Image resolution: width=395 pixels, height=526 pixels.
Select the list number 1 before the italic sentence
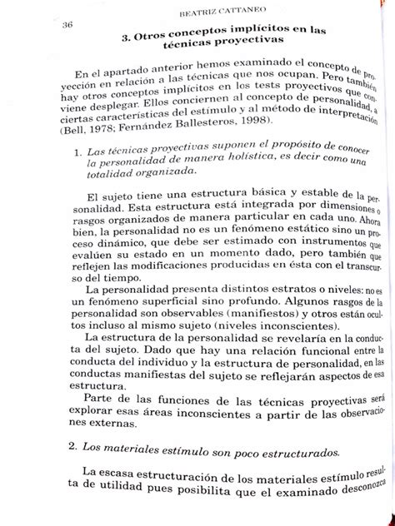(77, 153)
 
